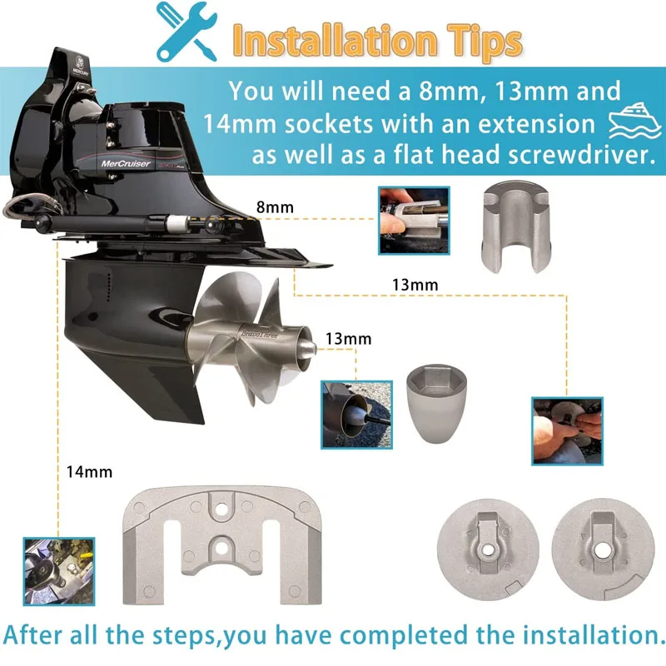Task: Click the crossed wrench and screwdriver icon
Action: coord(186,32)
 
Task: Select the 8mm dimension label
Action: coord(275,207)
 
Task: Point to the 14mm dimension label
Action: coord(89,472)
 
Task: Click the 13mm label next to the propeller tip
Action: coord(348,339)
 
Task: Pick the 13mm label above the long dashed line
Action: coord(415,285)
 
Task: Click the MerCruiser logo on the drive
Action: coord(126,163)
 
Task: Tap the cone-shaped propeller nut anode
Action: coord(436,403)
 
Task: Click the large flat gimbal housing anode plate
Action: coord(222,545)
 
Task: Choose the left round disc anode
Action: coord(488,549)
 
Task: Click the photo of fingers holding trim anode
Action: coord(414,221)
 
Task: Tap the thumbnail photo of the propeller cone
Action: coord(356,415)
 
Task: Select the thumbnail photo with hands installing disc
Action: coord(568,431)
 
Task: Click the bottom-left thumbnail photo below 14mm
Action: coord(59,571)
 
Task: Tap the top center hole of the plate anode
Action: coord(221,508)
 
